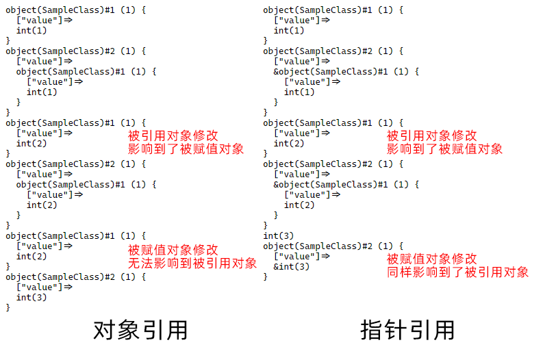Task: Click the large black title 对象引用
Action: click(x=140, y=330)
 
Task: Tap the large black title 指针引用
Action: click(x=407, y=330)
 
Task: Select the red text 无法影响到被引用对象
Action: click(x=192, y=263)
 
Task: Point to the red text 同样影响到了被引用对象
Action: click(x=457, y=272)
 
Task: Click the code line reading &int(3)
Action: click(x=291, y=266)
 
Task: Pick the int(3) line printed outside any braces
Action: click(x=278, y=235)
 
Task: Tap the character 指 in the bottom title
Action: click(x=372, y=330)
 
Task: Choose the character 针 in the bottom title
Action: click(x=396, y=330)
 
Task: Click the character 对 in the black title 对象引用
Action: click(x=105, y=330)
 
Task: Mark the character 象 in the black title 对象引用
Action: click(x=129, y=330)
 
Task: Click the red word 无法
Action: click(x=140, y=263)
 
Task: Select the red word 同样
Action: click(x=399, y=272)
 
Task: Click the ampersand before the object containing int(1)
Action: click(x=276, y=72)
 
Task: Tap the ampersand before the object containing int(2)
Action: click(x=276, y=185)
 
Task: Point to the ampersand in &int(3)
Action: click(x=276, y=266)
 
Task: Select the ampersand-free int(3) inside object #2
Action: click(x=31, y=297)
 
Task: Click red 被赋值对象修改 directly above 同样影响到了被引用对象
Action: click(x=431, y=259)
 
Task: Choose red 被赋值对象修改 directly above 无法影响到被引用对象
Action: click(x=173, y=250)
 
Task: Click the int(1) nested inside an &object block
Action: click(x=299, y=92)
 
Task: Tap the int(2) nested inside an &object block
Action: click(x=299, y=205)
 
